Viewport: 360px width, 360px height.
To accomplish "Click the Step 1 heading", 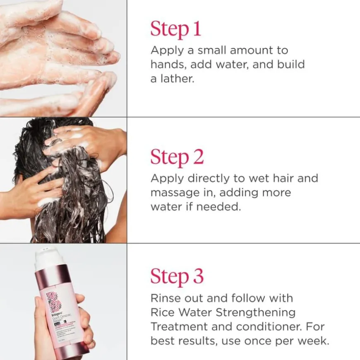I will [175, 29].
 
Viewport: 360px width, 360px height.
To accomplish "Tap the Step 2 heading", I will [177, 157].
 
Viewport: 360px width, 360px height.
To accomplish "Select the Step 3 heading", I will [177, 276].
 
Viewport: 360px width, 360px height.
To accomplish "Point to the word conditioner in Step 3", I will [262, 327].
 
